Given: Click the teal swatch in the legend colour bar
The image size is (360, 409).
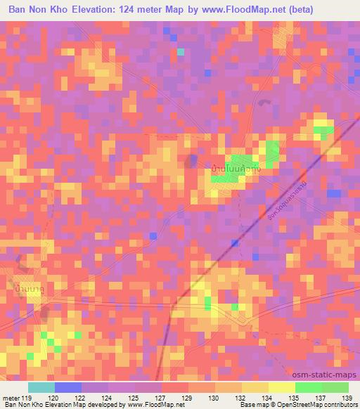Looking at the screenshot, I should [x=41, y=387].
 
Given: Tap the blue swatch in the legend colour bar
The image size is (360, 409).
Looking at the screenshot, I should [x=68, y=387].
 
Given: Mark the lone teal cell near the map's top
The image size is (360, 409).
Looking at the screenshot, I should [x=181, y=51].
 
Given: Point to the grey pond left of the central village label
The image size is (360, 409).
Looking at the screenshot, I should [x=191, y=162].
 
